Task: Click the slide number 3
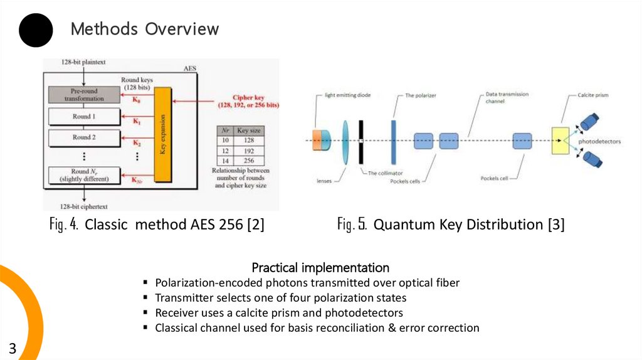(x=12, y=349)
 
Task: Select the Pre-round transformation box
(x=84, y=95)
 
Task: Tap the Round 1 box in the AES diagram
(x=84, y=117)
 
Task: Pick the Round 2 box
(x=84, y=137)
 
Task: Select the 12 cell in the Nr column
(x=224, y=151)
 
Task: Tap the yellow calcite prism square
(x=560, y=140)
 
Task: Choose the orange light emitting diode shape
(x=319, y=140)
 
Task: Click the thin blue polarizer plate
(x=393, y=140)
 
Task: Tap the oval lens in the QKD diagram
(x=345, y=142)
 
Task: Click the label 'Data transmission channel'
(x=507, y=97)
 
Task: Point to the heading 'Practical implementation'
(x=320, y=268)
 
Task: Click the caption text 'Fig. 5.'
(x=352, y=225)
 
